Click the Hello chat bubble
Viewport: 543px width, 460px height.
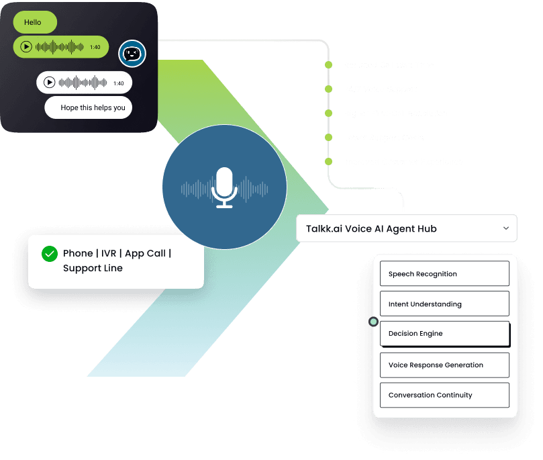(x=34, y=22)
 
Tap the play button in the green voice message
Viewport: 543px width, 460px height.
(x=26, y=47)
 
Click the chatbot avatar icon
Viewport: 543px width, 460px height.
(x=132, y=54)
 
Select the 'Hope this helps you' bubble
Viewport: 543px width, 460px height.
(x=89, y=107)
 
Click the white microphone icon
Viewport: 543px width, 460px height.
(x=224, y=188)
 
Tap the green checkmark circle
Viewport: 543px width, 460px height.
(x=50, y=254)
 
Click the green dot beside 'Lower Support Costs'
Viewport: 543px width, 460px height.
(x=328, y=138)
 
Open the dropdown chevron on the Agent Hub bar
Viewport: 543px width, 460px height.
(x=505, y=228)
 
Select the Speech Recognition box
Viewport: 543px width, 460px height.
(x=444, y=274)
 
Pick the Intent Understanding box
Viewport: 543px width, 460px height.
(x=444, y=304)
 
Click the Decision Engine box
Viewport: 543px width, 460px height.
(x=444, y=334)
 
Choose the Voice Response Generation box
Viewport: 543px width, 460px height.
(x=444, y=365)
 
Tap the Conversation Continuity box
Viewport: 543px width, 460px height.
(x=444, y=395)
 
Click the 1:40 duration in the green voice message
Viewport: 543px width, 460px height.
(x=95, y=47)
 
